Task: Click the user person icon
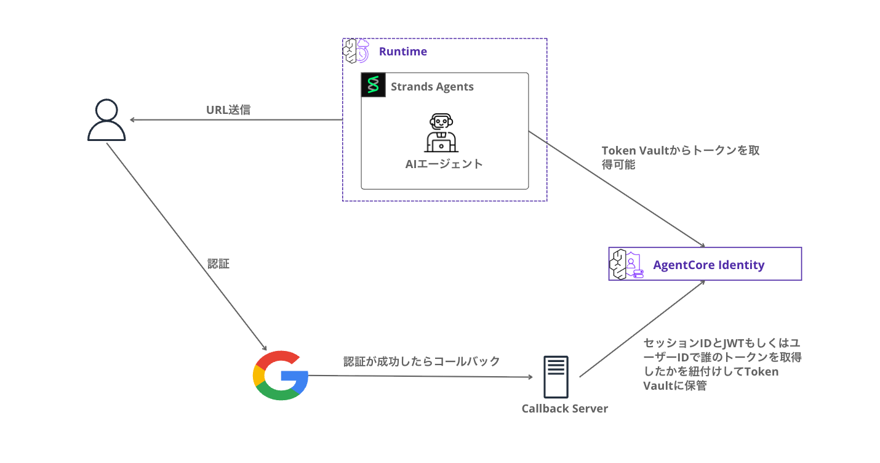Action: pos(106,121)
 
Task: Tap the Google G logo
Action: pos(281,376)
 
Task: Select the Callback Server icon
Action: pos(556,377)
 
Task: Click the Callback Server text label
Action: pos(564,408)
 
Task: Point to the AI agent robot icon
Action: pos(441,132)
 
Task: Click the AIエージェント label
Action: pos(444,164)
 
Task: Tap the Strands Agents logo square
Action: pos(372,86)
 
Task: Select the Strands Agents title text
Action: pos(432,87)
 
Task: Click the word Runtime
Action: pos(402,52)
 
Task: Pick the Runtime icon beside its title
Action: pos(355,51)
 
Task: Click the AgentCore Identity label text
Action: pos(708,265)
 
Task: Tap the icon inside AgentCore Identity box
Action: pos(625,265)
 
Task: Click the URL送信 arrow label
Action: pos(228,110)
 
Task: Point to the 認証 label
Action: pos(218,264)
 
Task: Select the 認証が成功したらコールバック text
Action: pos(422,361)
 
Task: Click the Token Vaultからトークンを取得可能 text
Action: pos(680,158)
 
